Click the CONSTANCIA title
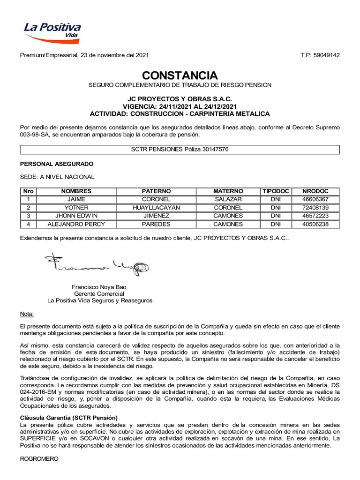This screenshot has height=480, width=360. click(180, 75)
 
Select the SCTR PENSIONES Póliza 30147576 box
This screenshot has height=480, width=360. click(180, 150)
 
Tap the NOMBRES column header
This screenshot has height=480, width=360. click(76, 191)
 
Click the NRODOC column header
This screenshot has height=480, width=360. click(316, 191)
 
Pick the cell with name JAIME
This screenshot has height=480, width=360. click(76, 199)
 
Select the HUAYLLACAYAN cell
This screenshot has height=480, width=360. click(157, 208)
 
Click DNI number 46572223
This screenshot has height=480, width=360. click(316, 216)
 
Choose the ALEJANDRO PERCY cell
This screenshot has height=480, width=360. click(76, 224)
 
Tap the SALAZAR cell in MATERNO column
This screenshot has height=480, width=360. click(228, 199)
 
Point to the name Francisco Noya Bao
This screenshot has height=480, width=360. click(99, 286)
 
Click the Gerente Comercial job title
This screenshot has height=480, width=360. click(99, 293)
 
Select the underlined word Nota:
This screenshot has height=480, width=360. click(27, 313)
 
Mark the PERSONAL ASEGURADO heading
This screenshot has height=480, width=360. click(56, 164)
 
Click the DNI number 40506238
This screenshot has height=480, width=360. click(316, 224)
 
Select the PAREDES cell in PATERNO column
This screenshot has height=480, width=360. click(157, 224)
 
